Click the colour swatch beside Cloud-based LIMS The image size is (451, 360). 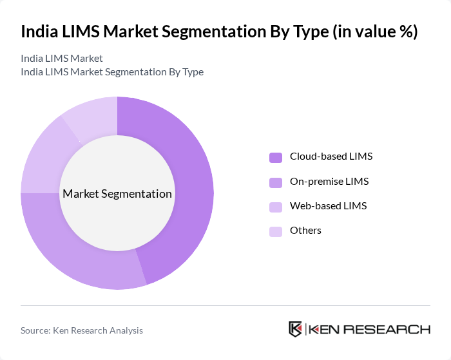pos(276,157)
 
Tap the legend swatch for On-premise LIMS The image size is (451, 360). pos(276,182)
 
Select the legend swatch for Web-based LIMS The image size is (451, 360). pos(276,207)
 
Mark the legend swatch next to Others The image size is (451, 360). pos(276,231)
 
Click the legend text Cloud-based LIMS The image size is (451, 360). pos(331,156)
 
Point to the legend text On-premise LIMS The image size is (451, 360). pos(329,182)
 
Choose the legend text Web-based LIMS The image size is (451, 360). pos(328,206)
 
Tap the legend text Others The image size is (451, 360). pos(305,231)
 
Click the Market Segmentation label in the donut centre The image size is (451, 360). pos(117,194)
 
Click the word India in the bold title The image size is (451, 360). pos(39,32)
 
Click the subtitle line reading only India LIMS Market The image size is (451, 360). pos(62,59)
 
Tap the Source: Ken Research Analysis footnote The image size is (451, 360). pos(82,330)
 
